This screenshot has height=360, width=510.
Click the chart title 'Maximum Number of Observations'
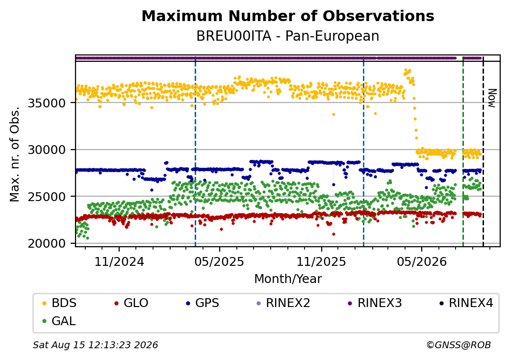(288, 16)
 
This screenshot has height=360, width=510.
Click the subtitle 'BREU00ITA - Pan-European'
(288, 36)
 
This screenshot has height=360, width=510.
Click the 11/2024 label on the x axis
(119, 261)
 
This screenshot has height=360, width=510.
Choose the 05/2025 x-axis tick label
(220, 261)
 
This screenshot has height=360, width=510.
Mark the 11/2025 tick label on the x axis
(321, 261)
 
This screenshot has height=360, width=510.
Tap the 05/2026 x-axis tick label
(422, 261)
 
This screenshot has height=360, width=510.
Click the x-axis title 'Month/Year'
(288, 279)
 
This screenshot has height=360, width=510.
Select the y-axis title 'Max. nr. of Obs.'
(15, 154)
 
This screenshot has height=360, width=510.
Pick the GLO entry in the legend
(131, 303)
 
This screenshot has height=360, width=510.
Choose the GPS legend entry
(203, 303)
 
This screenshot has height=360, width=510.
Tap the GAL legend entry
(59, 321)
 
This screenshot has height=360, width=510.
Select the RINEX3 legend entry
(375, 303)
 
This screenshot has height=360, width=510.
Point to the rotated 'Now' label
(492, 98)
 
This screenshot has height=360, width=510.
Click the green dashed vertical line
(463, 151)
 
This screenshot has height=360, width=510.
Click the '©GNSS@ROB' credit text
(459, 345)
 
